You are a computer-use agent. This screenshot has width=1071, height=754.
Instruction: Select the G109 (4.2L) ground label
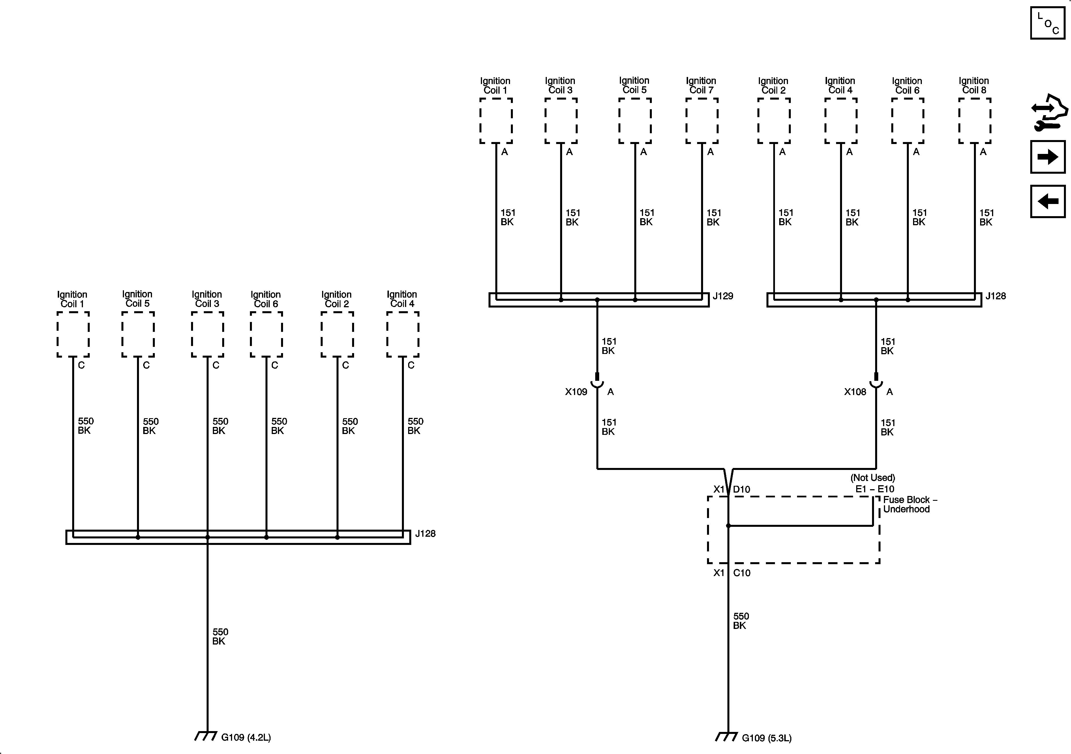[246, 737]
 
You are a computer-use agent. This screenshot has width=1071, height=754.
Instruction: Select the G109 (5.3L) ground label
[766, 738]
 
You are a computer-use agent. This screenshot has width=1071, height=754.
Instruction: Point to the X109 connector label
[576, 392]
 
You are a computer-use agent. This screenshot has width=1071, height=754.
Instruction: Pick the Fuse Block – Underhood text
[910, 504]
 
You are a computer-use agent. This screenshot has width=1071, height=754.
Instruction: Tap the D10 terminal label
[742, 489]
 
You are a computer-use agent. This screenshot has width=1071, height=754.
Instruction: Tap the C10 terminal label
[742, 573]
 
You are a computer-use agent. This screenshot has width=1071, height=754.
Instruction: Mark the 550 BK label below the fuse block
[740, 621]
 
